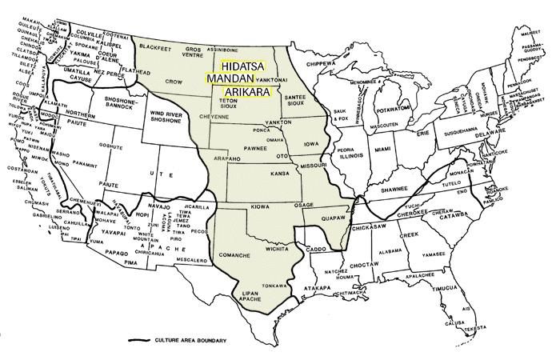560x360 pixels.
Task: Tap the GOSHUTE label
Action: click(122, 147)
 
